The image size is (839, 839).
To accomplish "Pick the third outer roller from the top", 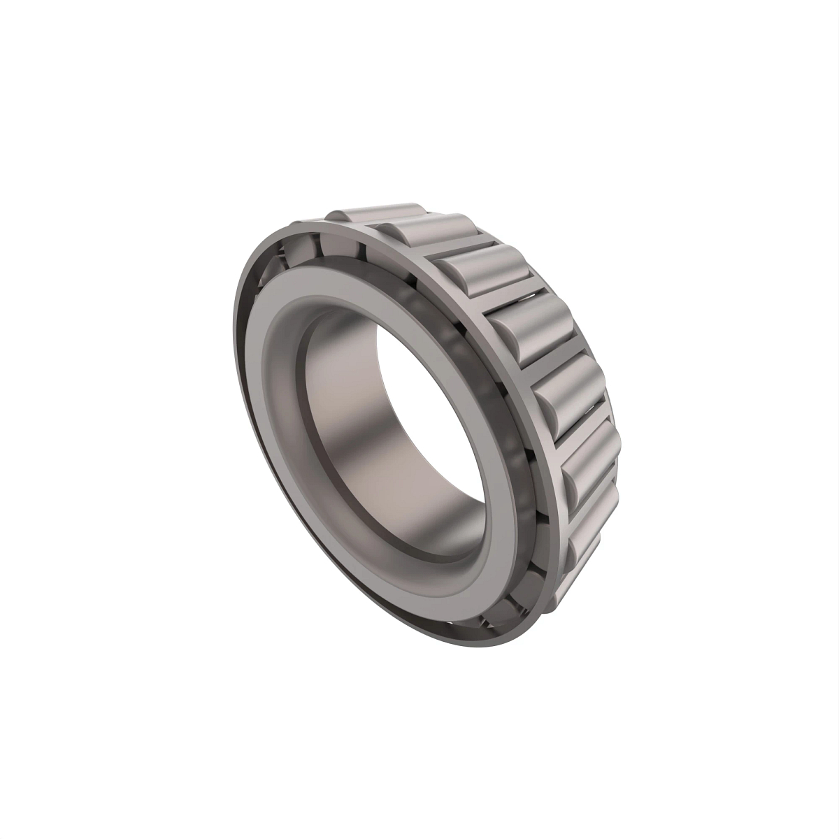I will [x=482, y=269].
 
